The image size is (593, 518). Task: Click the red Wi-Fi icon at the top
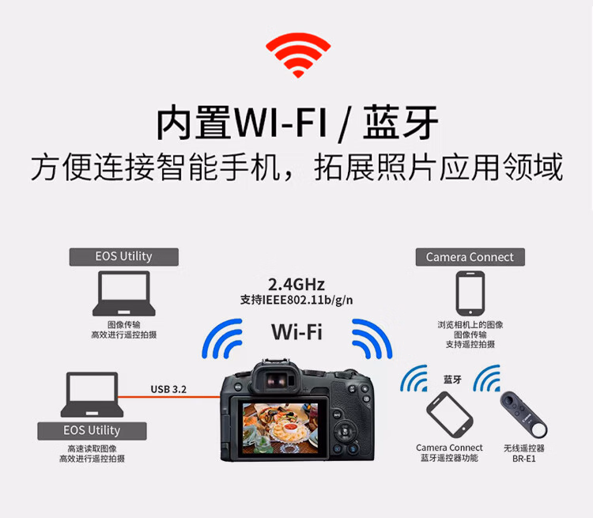pos(298,55)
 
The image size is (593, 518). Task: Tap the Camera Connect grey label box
pos(470,257)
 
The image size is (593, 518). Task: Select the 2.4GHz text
pos(296,284)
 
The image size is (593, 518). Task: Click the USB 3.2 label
pos(168,389)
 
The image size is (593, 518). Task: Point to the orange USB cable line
pos(169,397)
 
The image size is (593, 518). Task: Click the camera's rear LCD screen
pos(280,428)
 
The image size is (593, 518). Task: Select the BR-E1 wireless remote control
pos(523,414)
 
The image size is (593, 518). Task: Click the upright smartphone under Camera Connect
pos(470,293)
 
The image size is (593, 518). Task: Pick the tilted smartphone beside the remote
pos(449,414)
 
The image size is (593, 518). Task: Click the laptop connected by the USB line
pos(92,395)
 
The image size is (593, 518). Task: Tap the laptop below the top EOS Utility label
pos(123,293)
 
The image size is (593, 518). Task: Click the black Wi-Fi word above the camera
pos(296,332)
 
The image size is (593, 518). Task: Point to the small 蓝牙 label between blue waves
pos(452,380)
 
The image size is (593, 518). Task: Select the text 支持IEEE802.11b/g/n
pos(296,300)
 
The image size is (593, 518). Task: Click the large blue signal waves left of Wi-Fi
pos(222,338)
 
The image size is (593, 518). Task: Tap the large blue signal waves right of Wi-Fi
pos(372,338)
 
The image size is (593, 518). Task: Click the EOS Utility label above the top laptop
pos(123,257)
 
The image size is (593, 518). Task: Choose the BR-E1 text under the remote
pos(523,459)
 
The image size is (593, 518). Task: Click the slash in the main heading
pos(345,123)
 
